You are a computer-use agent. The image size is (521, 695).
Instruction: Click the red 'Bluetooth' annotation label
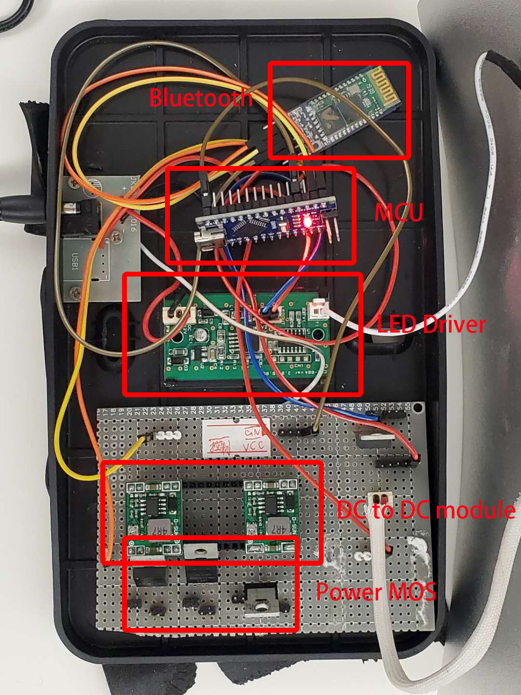point(201,98)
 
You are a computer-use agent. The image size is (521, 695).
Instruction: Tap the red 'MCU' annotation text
point(399,212)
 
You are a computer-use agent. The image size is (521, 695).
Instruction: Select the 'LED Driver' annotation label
point(431,324)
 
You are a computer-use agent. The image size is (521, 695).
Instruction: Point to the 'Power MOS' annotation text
point(376,592)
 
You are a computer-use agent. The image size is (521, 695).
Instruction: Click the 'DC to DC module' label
point(426,510)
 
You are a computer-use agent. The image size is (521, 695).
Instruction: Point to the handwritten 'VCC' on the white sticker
point(254,445)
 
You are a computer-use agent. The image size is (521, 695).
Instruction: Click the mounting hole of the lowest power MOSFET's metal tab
point(261,606)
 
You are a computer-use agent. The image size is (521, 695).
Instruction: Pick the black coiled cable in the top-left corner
point(14,14)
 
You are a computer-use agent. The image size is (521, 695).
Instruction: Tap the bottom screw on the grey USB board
point(75,291)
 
